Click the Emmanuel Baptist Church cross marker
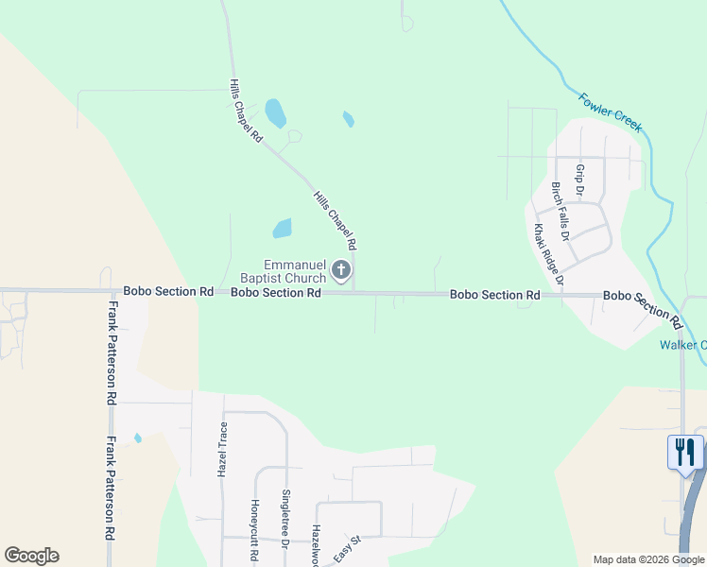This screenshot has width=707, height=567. click(340, 272)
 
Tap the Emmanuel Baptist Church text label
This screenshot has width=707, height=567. click(295, 272)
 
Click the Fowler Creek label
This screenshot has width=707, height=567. click(611, 112)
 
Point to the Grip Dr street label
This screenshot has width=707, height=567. click(580, 180)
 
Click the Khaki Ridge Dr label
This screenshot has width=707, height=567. click(548, 255)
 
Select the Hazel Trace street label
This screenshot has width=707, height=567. click(224, 449)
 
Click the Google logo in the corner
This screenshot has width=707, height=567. click(31, 556)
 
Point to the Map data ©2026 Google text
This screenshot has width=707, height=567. click(647, 559)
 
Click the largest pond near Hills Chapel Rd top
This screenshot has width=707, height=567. click(275, 113)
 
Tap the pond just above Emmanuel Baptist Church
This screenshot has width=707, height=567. click(282, 229)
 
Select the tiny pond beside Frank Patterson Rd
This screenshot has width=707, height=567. click(138, 438)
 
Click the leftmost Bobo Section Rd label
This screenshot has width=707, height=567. click(168, 292)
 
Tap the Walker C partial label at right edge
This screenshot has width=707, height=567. click(682, 345)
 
